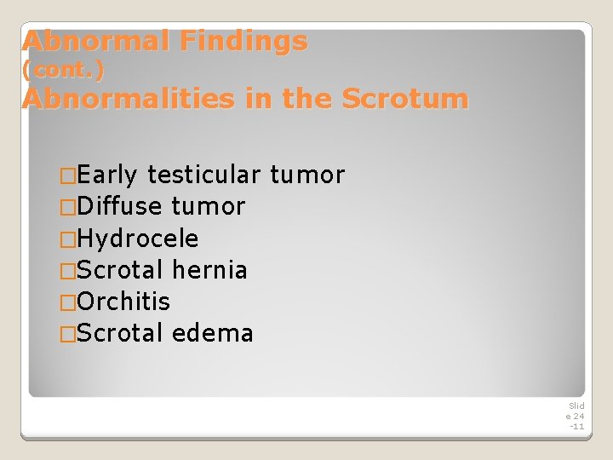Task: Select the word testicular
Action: point(203,175)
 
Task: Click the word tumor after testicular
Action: point(306,175)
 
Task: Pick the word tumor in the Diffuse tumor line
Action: point(209,207)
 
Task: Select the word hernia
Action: point(209,270)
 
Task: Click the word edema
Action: point(212,333)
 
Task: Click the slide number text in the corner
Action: point(576,416)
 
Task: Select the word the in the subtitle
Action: point(307,99)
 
